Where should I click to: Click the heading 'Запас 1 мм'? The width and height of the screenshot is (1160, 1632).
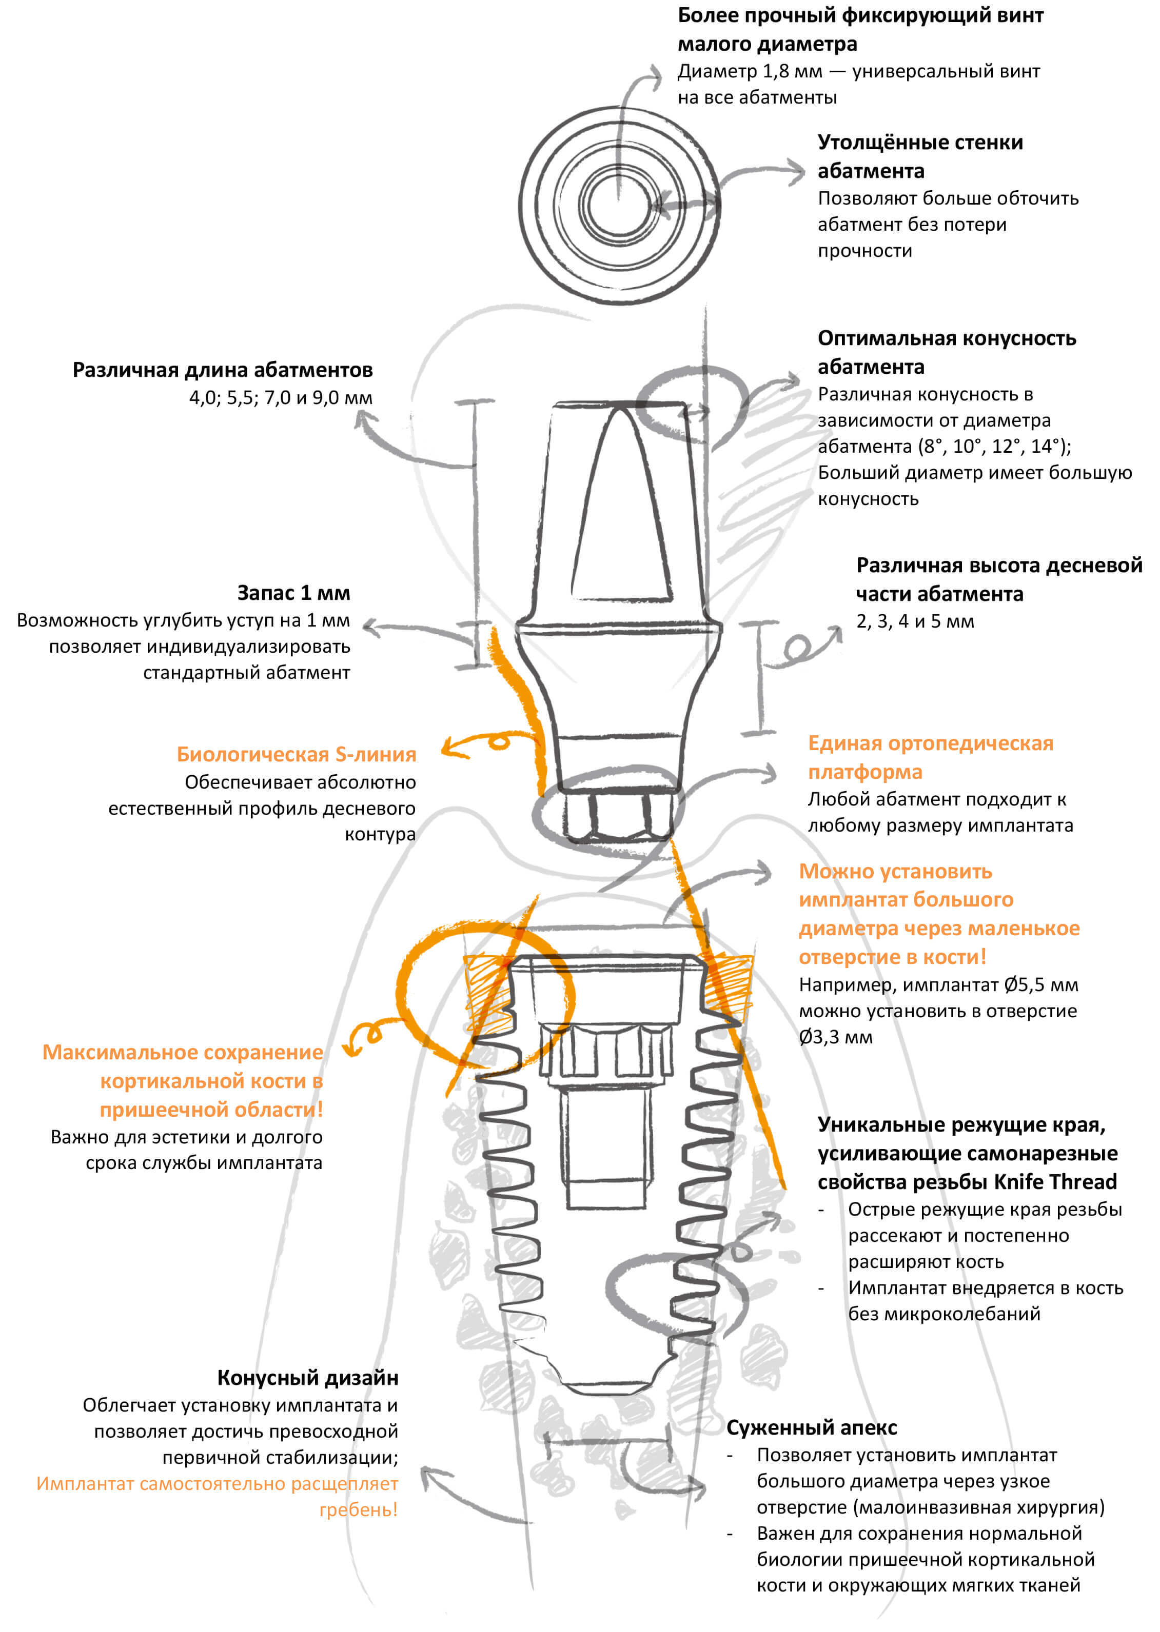coord(293,593)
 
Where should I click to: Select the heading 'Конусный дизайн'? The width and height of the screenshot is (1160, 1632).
coord(307,1378)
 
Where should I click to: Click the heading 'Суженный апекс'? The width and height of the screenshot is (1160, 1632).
coord(812,1428)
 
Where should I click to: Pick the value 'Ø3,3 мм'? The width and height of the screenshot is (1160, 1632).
coord(835,1037)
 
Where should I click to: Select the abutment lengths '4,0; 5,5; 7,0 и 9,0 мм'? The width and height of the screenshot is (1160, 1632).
coord(281,398)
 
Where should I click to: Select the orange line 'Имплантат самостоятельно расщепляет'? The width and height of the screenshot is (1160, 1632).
coord(217,1484)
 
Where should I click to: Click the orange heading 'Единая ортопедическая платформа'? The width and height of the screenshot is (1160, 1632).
coord(930,757)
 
